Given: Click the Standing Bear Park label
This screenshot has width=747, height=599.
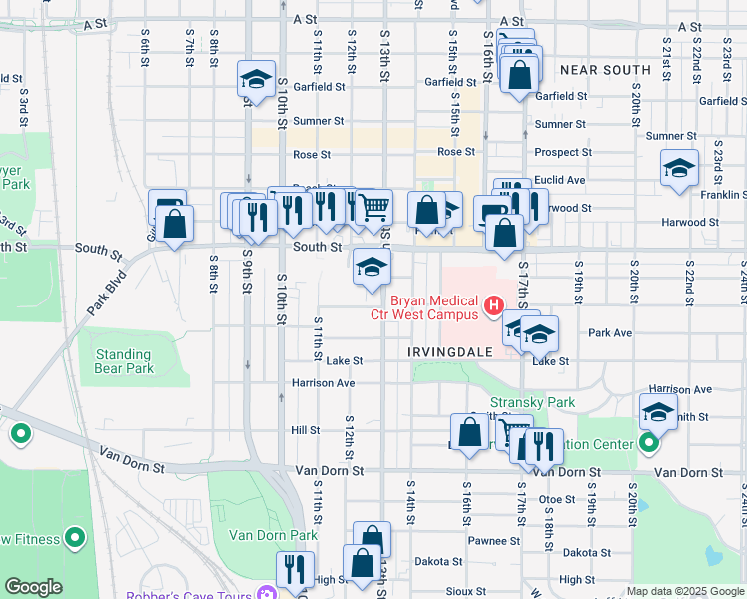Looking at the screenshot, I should point(124,361).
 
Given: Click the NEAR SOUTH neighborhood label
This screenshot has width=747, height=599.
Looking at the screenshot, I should point(605,70).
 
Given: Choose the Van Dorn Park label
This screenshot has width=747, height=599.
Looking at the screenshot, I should point(259,535).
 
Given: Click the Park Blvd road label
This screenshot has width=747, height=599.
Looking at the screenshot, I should point(108,291).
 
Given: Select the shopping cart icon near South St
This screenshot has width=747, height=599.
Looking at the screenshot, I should point(373,207).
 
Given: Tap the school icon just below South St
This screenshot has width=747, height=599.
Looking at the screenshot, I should point(372,267).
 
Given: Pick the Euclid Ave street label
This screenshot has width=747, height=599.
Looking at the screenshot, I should point(560,180).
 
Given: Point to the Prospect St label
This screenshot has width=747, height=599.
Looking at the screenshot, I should point(563,153).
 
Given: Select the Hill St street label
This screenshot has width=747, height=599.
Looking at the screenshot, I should point(304,430).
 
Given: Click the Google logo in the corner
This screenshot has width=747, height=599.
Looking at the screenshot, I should point(33,587).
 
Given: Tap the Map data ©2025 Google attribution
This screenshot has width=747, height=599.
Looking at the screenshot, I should point(685,591).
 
